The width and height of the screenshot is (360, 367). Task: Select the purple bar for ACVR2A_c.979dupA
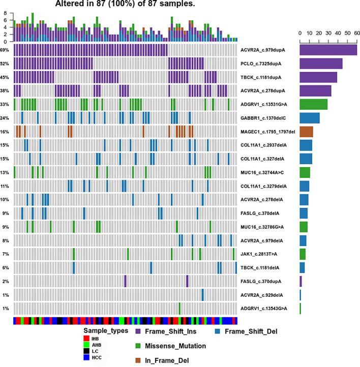(328, 50)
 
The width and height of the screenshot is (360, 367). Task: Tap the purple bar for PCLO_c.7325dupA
(321, 64)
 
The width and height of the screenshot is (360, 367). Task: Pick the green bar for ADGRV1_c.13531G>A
(313, 104)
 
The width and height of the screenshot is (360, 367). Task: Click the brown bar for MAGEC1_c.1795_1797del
(306, 132)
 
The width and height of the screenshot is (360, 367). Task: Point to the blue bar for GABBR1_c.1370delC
(309, 118)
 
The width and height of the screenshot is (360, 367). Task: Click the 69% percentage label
(5, 50)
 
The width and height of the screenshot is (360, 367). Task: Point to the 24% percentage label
(5, 118)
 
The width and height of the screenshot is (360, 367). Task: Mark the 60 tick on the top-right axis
(356, 33)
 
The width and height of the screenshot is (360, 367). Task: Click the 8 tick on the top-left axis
(5, 14)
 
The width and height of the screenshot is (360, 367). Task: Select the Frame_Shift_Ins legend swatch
(139, 332)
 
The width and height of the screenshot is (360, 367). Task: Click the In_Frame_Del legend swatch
(139, 360)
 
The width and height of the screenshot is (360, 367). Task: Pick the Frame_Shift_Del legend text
(252, 332)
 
